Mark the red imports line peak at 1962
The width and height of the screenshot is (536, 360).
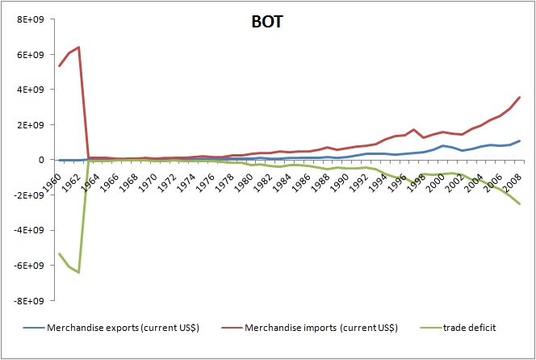[x=78, y=47]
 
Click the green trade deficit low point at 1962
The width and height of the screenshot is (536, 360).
[x=78, y=273]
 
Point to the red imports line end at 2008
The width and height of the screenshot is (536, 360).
[x=520, y=98]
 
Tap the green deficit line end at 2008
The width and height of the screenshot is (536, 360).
[x=520, y=203]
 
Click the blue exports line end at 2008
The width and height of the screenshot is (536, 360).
[x=520, y=141]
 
